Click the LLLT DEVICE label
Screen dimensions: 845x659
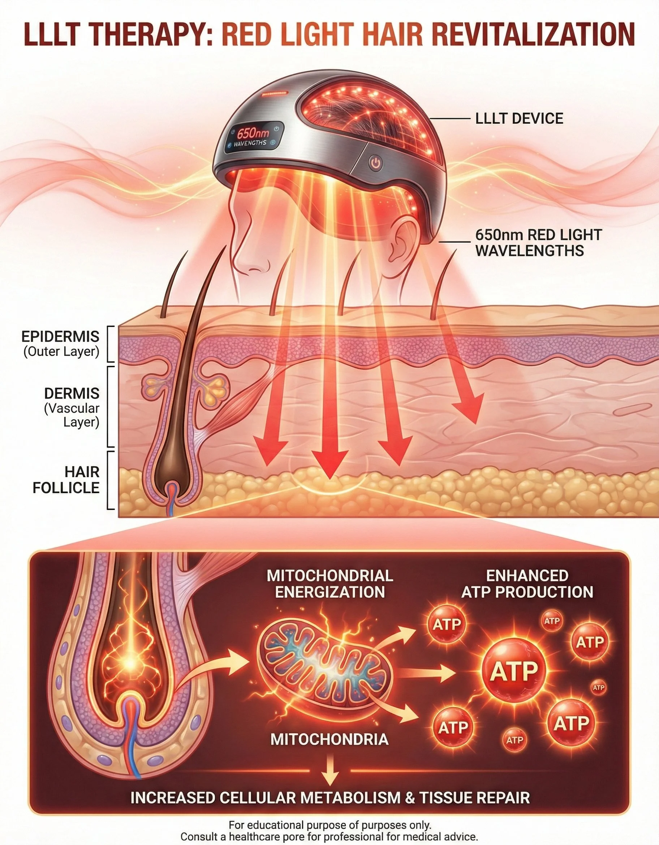[x=519, y=118]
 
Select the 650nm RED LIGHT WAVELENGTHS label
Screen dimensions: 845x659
[x=538, y=243]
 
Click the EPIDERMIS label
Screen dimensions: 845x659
[x=60, y=336]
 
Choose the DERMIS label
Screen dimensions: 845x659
[x=72, y=394]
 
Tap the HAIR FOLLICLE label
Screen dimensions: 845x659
[x=66, y=480]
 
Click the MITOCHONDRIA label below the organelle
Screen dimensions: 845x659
[x=329, y=739]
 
